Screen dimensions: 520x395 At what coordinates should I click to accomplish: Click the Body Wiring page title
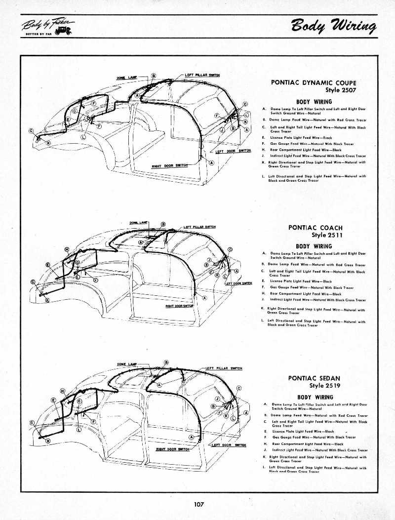pyautogui.click(x=333, y=26)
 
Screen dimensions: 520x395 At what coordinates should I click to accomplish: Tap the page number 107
pyautogui.click(x=199, y=504)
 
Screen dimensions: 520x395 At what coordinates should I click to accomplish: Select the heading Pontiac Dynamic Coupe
pyautogui.click(x=314, y=83)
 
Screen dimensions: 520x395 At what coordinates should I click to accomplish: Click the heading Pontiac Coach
pyautogui.click(x=315, y=228)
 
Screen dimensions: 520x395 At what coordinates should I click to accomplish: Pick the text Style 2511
pyautogui.click(x=327, y=235)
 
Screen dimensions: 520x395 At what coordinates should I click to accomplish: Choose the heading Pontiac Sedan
pyautogui.click(x=315, y=378)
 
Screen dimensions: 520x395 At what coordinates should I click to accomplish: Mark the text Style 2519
pyautogui.click(x=324, y=386)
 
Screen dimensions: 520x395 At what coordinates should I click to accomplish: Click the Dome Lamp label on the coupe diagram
pyautogui.click(x=127, y=78)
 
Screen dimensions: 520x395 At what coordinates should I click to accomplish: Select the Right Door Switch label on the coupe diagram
pyautogui.click(x=169, y=165)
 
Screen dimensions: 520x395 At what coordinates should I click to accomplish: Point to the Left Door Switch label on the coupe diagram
pyautogui.click(x=234, y=151)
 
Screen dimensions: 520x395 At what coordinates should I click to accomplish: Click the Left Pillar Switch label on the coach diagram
pyautogui.click(x=199, y=227)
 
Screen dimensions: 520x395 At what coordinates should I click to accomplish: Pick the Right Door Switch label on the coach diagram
pyautogui.click(x=179, y=306)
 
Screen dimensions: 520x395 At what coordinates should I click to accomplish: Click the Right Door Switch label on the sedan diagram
pyautogui.click(x=172, y=449)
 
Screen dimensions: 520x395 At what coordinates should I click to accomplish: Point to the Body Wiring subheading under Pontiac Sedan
pyautogui.click(x=315, y=397)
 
